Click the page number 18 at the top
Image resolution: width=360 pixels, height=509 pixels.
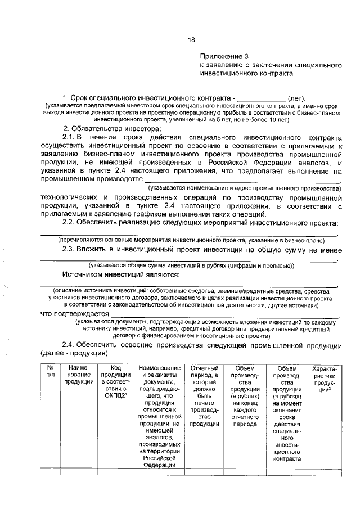(191, 39)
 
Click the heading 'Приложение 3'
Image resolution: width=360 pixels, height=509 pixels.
(224, 57)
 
